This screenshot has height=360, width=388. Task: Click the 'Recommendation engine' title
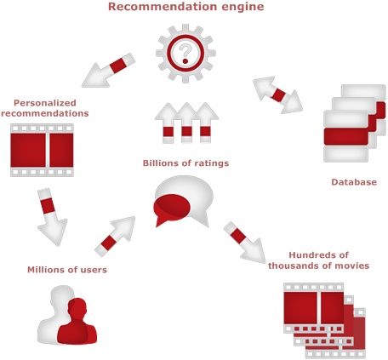pyautogui.click(x=186, y=7)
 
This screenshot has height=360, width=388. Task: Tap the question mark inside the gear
pyautogui.click(x=185, y=54)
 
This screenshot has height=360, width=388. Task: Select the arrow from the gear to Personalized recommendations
pyautogui.click(x=108, y=70)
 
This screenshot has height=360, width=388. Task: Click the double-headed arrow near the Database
pyautogui.click(x=277, y=95)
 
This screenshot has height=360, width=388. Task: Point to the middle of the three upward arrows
pyautogui.click(x=186, y=123)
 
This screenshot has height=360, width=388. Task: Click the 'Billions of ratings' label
pyautogui.click(x=185, y=163)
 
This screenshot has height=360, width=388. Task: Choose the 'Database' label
pyautogui.click(x=354, y=182)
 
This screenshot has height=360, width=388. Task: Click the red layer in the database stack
pyautogui.click(x=347, y=135)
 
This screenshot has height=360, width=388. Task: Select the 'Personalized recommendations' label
pyautogui.click(x=45, y=108)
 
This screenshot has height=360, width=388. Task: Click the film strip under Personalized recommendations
pyautogui.click(x=42, y=150)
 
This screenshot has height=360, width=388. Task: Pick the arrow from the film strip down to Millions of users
pyautogui.click(x=52, y=217)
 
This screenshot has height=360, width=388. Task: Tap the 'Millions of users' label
pyautogui.click(x=67, y=270)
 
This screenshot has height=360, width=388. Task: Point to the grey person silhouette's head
pyautogui.click(x=62, y=296)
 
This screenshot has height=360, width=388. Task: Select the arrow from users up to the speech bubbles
pyautogui.click(x=115, y=237)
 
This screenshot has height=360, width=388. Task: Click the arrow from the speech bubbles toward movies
pyautogui.click(x=244, y=243)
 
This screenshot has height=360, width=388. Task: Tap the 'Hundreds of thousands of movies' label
pyautogui.click(x=318, y=260)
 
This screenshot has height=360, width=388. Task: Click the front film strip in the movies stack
pyautogui.click(x=314, y=308)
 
